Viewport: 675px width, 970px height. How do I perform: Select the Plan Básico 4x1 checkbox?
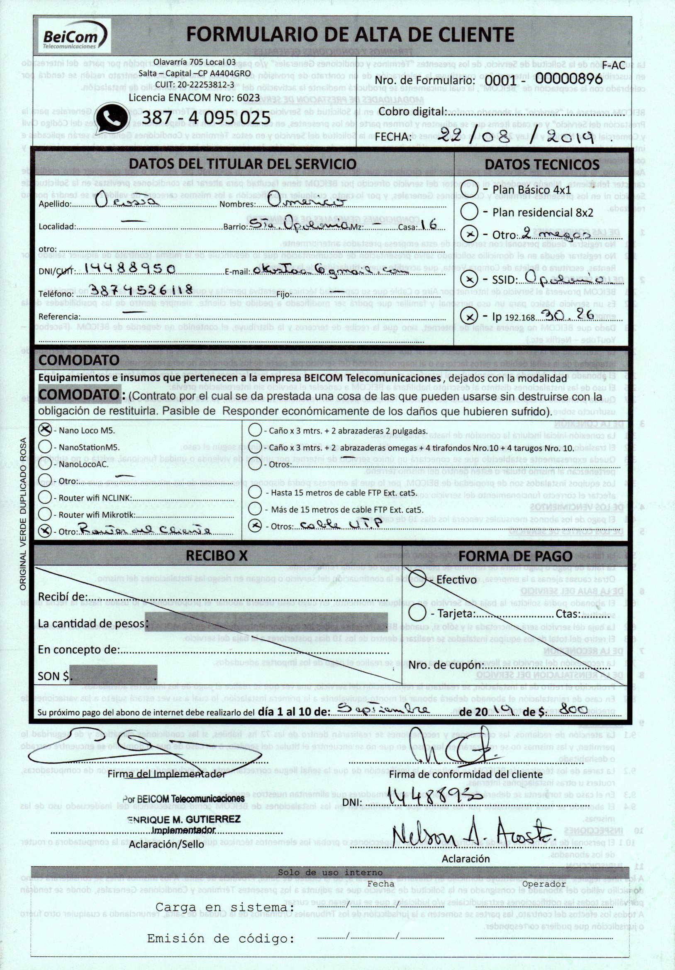(469, 190)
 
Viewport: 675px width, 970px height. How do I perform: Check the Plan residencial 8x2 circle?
(469, 212)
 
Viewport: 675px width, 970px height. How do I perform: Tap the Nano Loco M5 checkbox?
(45, 430)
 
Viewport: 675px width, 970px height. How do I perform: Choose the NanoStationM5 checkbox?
(45, 446)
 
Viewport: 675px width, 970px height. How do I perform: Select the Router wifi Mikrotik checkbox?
(45, 514)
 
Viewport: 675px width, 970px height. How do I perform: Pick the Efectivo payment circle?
(417, 579)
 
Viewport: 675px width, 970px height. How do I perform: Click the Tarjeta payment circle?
(417, 612)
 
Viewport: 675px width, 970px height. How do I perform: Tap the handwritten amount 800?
(575, 709)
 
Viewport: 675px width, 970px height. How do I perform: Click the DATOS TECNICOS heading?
(541, 164)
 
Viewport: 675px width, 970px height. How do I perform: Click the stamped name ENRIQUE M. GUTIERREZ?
(184, 819)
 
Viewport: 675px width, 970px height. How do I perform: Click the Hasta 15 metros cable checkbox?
(255, 492)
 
